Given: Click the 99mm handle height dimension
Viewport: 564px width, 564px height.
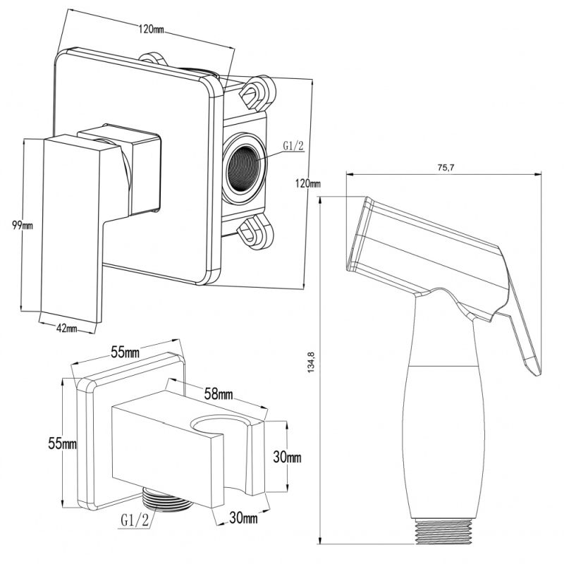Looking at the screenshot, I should (x=23, y=225).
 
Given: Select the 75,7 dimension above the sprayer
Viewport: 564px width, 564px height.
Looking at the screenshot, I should (x=443, y=168).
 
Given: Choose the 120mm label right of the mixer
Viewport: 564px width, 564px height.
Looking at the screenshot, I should (x=308, y=184).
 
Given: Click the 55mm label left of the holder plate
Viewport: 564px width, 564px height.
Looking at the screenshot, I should (x=61, y=443).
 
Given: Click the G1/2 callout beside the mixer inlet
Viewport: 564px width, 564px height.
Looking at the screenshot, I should (x=293, y=146).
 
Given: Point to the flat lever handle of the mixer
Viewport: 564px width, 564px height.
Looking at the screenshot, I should (x=74, y=226).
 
